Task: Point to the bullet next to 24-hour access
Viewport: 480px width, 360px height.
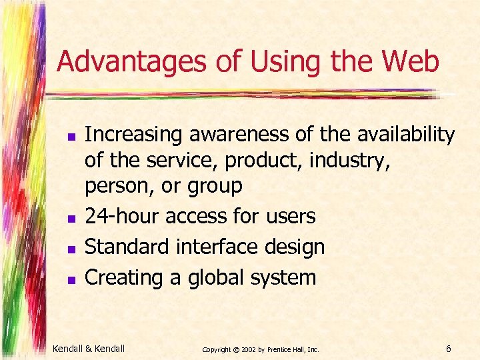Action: pyautogui.click(x=70, y=218)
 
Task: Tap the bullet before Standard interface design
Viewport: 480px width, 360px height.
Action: pyautogui.click(x=70, y=249)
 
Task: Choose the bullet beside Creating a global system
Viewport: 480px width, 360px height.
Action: pyautogui.click(x=70, y=279)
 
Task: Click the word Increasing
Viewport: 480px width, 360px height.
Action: pyautogui.click(x=134, y=135)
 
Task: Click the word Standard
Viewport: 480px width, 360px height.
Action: pyautogui.click(x=127, y=247)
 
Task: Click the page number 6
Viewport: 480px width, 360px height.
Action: pyautogui.click(x=449, y=348)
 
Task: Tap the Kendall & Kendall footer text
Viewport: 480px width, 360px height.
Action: pyautogui.click(x=88, y=347)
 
